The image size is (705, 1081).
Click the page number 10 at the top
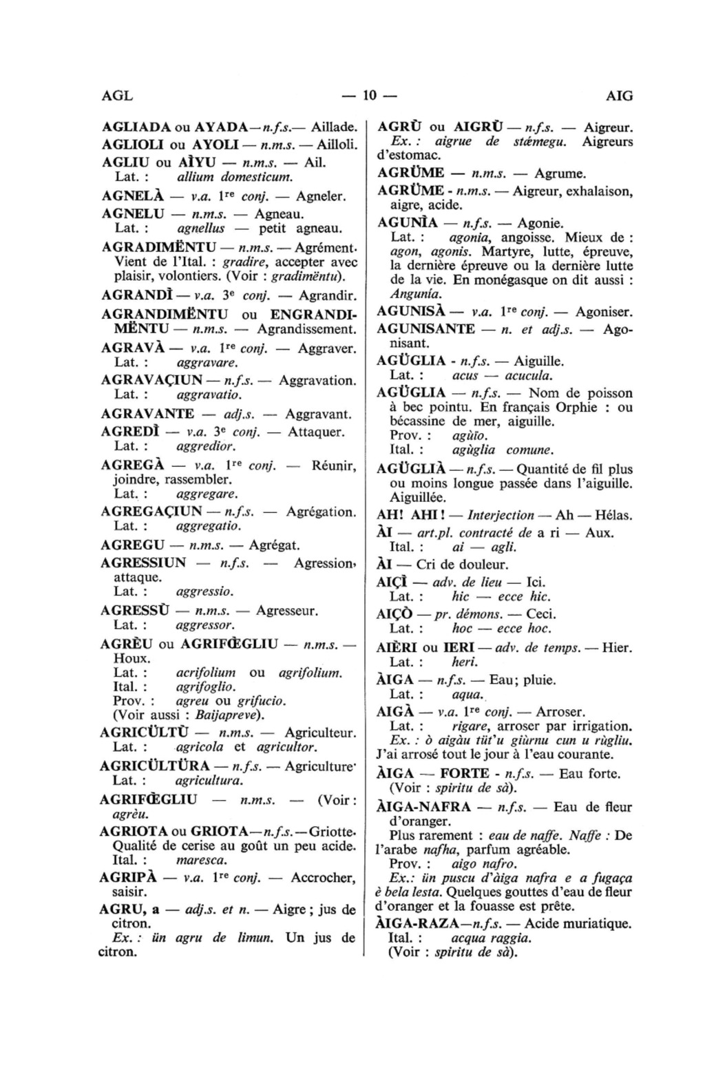tap(370, 96)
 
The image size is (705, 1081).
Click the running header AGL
tap(116, 96)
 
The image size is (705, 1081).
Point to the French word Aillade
tap(333, 127)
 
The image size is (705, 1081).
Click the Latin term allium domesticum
tap(216, 178)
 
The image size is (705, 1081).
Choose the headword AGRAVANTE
tap(147, 414)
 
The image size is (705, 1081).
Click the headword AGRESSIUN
tap(143, 563)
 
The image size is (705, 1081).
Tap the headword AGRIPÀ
tap(127, 878)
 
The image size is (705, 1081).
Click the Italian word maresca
tap(202, 860)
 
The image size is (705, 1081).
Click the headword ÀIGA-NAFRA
tap(423, 807)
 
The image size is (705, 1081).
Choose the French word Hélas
tap(613, 515)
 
